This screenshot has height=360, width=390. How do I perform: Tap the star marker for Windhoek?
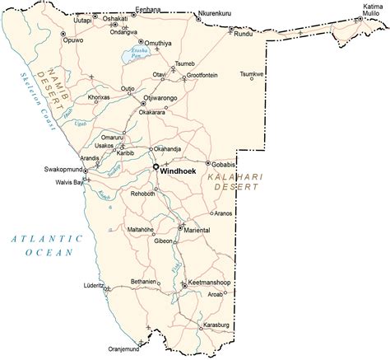coord(155,168)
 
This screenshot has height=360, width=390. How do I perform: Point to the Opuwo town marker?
coord(65,33)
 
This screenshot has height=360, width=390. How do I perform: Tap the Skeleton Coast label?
coord(27,101)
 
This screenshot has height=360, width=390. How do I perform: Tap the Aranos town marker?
coord(211,213)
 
